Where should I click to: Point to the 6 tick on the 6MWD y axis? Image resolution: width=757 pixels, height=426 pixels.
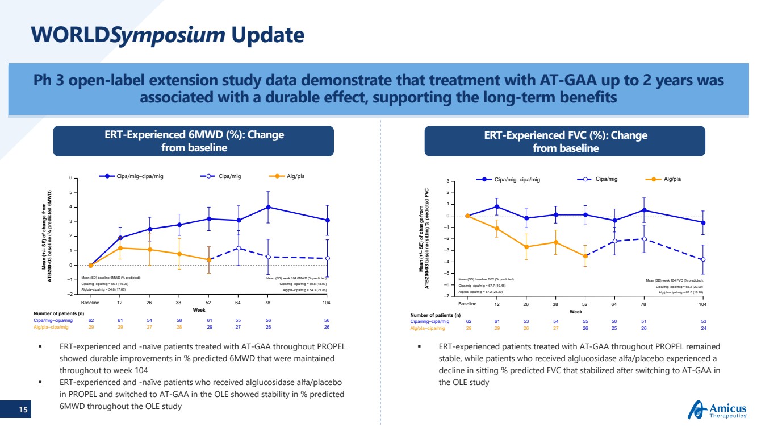(70, 178)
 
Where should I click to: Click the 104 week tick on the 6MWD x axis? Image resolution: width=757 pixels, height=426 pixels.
(327, 303)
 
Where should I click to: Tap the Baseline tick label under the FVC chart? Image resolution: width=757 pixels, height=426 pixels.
(467, 305)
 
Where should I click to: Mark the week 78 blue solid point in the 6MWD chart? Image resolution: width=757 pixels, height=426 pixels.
(268, 207)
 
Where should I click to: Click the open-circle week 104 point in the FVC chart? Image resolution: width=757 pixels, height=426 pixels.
(703, 259)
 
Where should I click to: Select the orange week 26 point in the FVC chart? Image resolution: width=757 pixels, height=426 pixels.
(526, 247)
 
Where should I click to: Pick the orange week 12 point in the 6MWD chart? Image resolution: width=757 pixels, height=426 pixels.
(120, 248)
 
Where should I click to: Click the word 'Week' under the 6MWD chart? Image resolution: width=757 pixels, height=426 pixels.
(199, 310)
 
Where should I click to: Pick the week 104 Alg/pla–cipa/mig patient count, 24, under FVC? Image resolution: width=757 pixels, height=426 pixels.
(703, 328)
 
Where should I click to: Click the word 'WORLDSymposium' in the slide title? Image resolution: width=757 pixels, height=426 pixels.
(128, 35)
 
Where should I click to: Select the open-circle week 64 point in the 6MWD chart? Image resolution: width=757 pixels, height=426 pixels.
(239, 248)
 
